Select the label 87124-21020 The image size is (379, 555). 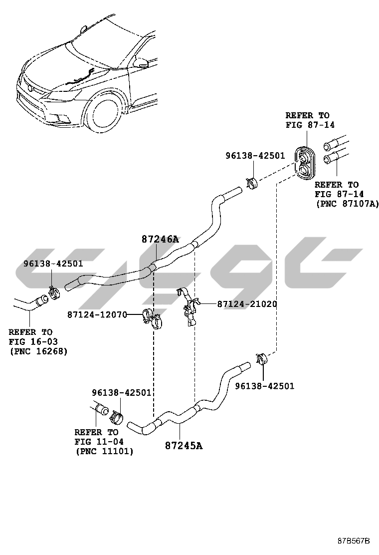coord(247,304)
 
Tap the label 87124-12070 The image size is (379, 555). coord(97,314)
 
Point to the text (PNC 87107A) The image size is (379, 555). coord(347,203)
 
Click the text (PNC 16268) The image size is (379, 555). coord(38,351)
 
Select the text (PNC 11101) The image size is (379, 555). coord(104,452)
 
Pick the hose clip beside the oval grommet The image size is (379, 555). coord(252,183)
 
